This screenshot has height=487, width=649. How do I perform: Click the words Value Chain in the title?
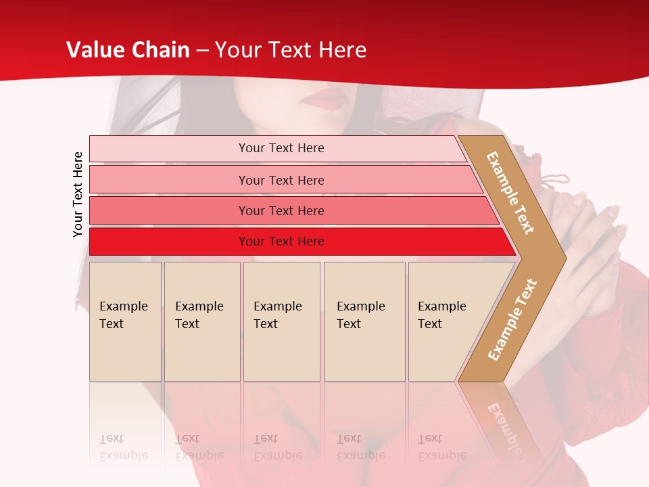click(128, 50)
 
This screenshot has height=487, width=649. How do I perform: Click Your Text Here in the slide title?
click(291, 50)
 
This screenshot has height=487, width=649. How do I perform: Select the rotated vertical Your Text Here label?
click(78, 194)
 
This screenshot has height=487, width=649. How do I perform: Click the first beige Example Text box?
click(125, 321)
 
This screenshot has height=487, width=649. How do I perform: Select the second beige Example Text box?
click(202, 321)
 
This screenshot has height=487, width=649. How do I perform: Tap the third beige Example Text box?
click(281, 321)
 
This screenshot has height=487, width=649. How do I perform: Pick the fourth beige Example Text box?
click(364, 321)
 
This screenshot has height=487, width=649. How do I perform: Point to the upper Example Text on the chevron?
click(510, 193)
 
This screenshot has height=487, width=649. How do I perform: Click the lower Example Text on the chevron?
click(512, 319)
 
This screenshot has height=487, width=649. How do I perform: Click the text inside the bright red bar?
click(281, 241)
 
